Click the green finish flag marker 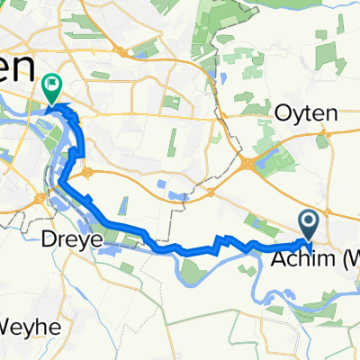click(51, 88)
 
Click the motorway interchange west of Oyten click(248, 162)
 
